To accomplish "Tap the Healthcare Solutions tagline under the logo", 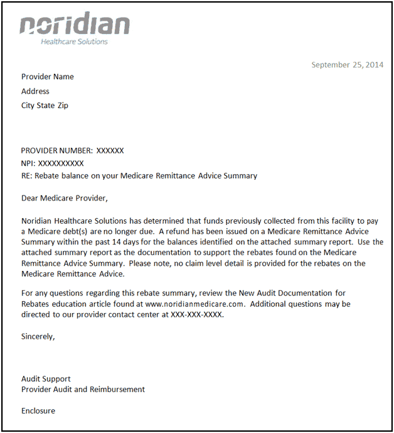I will (x=74, y=42).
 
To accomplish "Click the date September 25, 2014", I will (x=347, y=65).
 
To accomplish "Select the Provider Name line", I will (x=48, y=77).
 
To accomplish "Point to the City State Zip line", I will (x=45, y=106).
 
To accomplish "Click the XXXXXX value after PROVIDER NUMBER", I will (x=110, y=151).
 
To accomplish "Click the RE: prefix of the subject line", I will (x=27, y=176).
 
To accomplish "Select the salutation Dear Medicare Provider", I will (x=65, y=199).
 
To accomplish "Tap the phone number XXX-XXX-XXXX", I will (x=197, y=315).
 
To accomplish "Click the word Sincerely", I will (x=38, y=336).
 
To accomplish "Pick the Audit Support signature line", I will (x=46, y=379).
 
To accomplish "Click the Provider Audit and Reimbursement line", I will (x=83, y=390).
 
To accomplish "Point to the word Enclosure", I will (x=38, y=411).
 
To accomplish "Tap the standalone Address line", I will (x=35, y=91).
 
